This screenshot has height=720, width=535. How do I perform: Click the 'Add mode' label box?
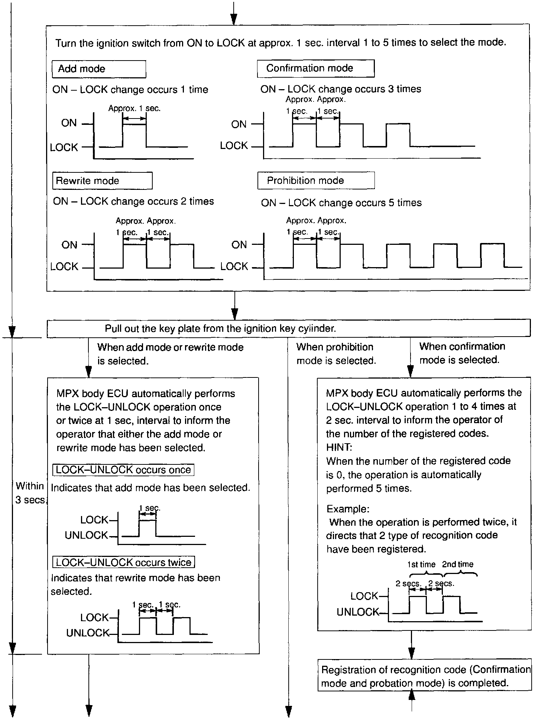point(98,69)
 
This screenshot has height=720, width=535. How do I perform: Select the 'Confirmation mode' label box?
point(315,68)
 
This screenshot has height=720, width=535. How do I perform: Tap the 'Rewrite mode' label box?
point(102,181)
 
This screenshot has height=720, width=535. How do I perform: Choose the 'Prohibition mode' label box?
point(315,181)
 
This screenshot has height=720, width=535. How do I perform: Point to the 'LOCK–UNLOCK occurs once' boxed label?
point(123,470)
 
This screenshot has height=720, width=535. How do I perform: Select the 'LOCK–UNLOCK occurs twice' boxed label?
point(124,562)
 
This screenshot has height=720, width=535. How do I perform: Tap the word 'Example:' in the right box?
point(348,509)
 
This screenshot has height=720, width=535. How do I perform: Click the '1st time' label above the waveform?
point(421,564)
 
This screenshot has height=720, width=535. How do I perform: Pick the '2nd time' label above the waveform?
point(458,564)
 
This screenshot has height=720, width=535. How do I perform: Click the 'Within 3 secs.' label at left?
point(30,493)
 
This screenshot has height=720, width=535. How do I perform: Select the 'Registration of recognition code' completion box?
point(425,676)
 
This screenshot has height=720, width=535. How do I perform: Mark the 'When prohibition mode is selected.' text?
point(336,354)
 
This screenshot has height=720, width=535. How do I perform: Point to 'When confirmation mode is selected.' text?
point(462,353)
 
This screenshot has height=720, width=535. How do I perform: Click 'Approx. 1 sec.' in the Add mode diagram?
point(134,108)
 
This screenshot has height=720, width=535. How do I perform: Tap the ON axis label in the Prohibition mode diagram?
point(239,245)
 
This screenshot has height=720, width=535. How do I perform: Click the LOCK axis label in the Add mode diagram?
point(64,147)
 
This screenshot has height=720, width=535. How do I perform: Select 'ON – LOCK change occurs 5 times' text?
point(341,203)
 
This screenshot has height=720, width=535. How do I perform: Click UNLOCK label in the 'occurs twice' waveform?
point(88,633)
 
